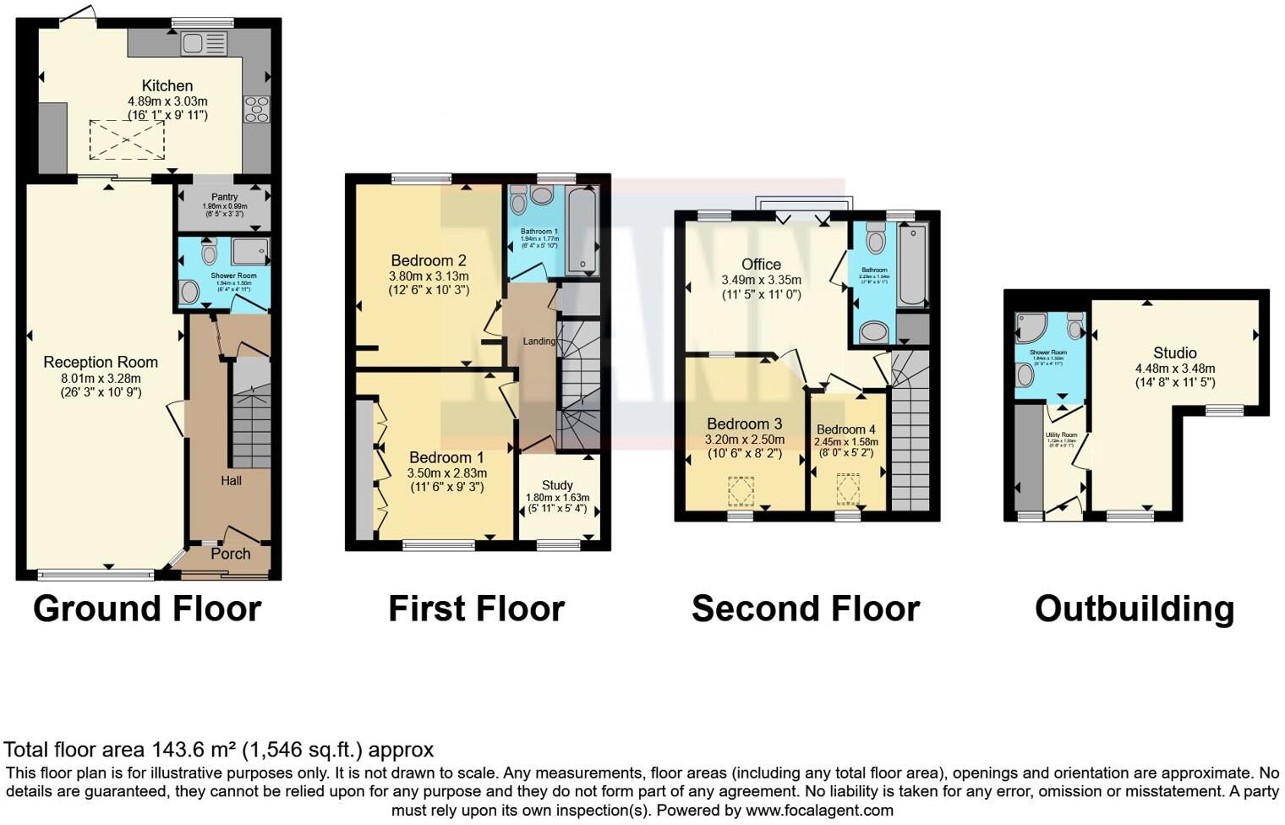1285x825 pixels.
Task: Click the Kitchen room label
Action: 167,85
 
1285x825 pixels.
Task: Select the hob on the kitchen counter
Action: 256,108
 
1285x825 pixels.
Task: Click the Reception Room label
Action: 101,362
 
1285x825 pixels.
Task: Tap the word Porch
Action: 230,554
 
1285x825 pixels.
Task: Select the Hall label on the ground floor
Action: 231,480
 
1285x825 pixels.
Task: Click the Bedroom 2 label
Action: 429,260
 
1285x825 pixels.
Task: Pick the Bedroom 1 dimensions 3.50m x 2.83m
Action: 446,473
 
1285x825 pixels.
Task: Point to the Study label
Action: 557,485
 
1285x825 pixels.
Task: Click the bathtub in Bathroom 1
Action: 582,230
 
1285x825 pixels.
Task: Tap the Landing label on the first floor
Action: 539,341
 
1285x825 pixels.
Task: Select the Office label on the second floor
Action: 761,265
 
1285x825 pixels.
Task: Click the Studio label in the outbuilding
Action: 1174,352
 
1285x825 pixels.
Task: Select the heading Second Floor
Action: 805,609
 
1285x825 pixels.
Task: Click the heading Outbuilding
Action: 1134,609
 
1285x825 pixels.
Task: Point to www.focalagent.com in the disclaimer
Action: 819,810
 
